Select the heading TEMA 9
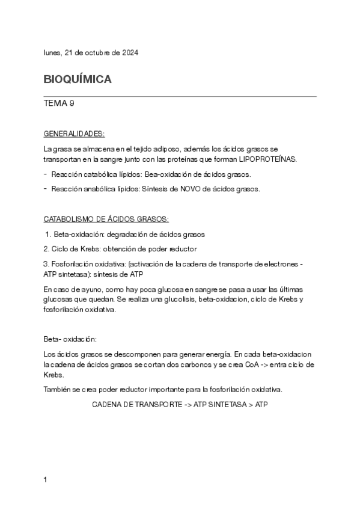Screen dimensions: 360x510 click(x=59, y=103)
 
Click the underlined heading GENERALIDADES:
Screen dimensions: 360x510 click(x=75, y=133)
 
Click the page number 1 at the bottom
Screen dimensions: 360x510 click(x=46, y=480)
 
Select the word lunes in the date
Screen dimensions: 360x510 click(x=52, y=53)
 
